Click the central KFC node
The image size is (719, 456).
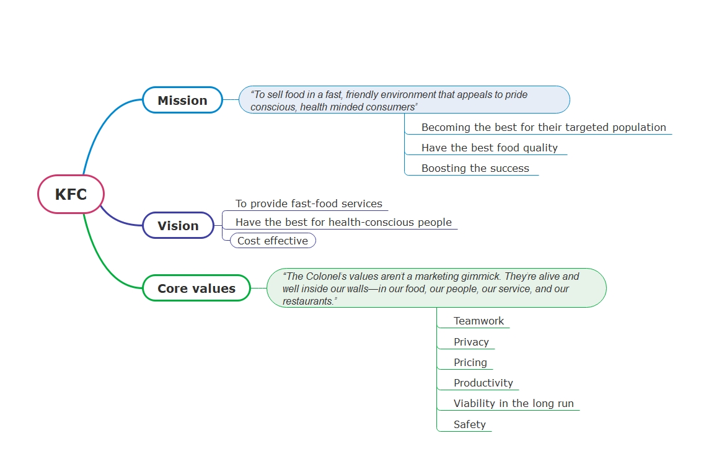[x=71, y=194]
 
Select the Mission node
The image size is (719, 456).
[x=182, y=101]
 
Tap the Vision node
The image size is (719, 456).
[x=178, y=226]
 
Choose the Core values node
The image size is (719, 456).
[x=196, y=288]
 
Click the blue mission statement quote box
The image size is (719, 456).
[x=404, y=100]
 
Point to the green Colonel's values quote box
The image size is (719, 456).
[x=436, y=288]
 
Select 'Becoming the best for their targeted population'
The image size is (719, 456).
[x=544, y=127]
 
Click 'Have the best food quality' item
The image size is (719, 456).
[x=489, y=148]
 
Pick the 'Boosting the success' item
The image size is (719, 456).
[x=475, y=168]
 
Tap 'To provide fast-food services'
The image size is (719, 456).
[x=309, y=203]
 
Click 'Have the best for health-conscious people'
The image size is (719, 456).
[x=343, y=222]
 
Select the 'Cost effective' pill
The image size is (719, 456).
[x=273, y=241]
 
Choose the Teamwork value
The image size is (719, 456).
[x=479, y=321]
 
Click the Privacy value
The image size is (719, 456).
[x=471, y=342]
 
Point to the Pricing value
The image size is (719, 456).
[x=470, y=362]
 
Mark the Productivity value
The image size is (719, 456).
[x=483, y=383]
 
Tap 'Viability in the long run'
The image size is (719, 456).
[x=513, y=403]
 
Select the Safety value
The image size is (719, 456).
[x=469, y=424]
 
